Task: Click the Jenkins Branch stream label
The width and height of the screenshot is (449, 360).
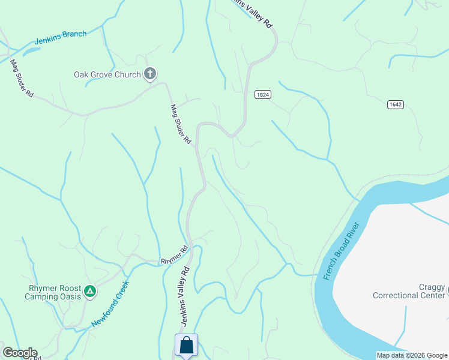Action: coord(61,37)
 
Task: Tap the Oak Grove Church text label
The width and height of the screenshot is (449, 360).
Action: coord(107,75)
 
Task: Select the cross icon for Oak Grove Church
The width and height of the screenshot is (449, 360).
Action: coord(150,74)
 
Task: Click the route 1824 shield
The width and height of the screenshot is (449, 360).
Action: coord(262,94)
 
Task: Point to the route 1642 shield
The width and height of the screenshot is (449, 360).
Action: coord(395,104)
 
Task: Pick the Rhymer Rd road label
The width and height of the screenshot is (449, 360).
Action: coord(175,256)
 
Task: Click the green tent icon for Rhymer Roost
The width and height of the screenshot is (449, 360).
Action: coord(90,292)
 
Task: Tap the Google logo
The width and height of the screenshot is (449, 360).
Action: coord(20,353)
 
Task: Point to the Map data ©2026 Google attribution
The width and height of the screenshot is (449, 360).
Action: coord(411,355)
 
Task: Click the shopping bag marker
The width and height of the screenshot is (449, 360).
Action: coord(186,345)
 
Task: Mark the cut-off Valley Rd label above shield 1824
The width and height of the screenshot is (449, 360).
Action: coord(253,13)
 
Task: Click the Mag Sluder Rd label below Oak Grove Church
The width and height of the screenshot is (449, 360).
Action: coord(180,124)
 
